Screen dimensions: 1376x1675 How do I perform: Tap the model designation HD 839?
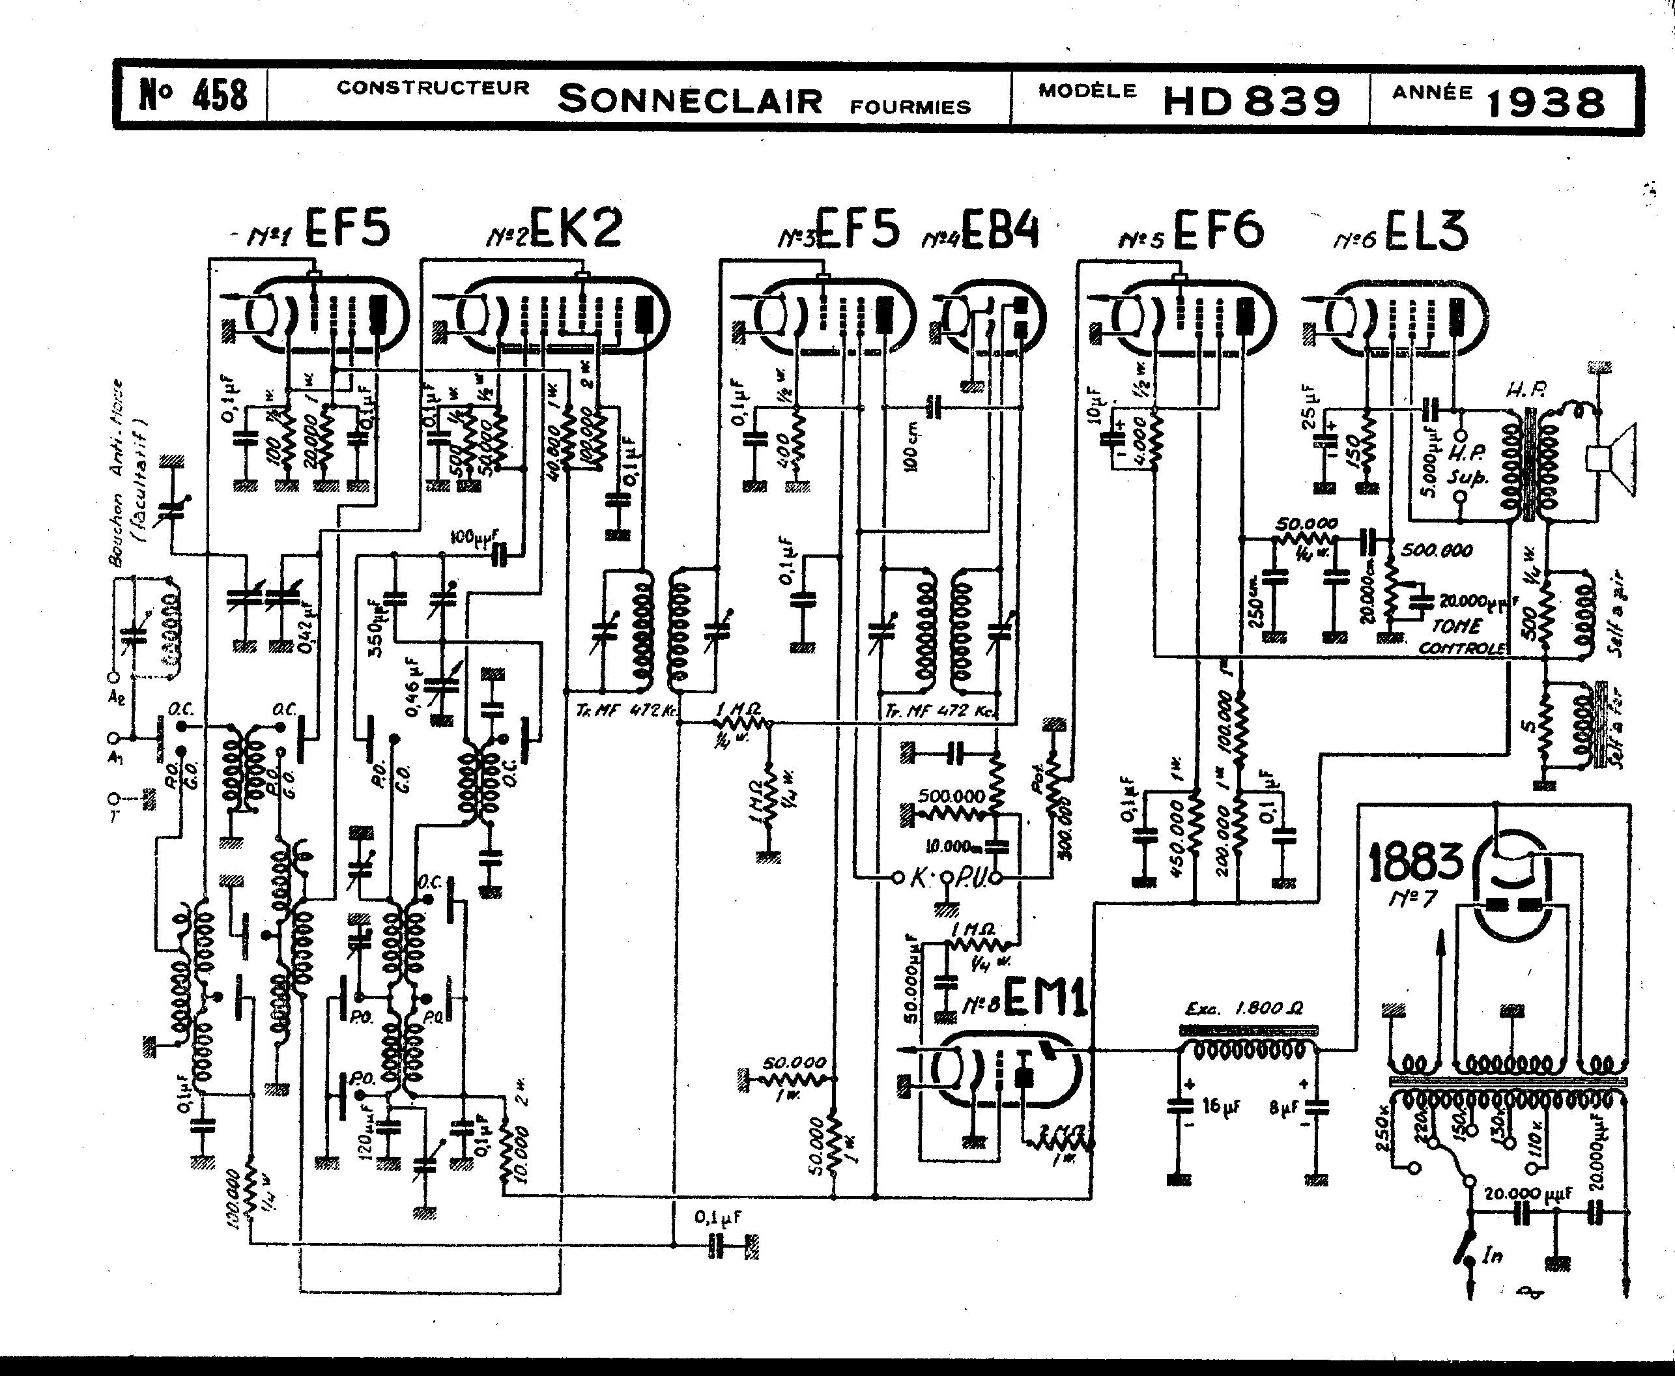[1251, 101]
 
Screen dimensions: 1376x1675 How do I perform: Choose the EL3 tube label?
[1425, 231]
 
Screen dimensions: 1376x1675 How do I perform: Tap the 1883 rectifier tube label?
[1416, 861]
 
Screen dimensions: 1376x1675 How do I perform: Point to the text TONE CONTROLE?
[1460, 637]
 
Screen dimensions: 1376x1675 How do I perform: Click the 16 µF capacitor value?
[1221, 1106]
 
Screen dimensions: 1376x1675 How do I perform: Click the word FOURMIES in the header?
[910, 107]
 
